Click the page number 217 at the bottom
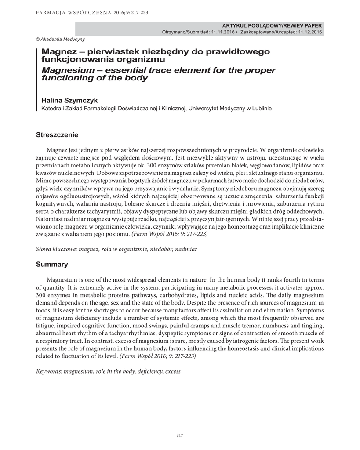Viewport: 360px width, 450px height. tap(179, 435)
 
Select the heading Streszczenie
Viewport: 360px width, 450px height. tap(57, 134)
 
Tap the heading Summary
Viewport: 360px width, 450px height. tap(52, 264)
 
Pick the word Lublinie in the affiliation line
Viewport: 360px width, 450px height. tap(260, 108)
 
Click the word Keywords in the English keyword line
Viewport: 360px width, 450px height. tap(49, 371)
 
